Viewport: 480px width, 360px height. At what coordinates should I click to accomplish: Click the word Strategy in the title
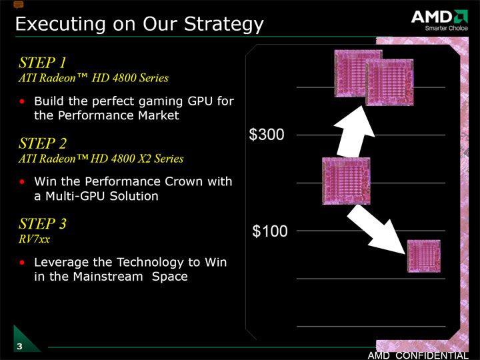pos(224,24)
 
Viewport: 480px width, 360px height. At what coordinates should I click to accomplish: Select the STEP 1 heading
pos(42,63)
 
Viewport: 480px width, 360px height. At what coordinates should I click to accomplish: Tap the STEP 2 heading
pos(42,143)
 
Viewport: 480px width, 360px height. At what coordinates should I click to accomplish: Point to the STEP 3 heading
pos(42,223)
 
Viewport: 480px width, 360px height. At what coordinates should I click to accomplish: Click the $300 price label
pos(267,135)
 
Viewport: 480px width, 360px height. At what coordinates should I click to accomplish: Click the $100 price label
pos(270,231)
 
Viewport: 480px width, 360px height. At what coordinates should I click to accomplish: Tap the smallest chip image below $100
pos(424,256)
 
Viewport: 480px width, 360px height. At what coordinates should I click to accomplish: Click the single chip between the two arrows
pos(346,181)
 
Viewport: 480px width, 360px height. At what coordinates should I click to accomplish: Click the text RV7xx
pos(34,239)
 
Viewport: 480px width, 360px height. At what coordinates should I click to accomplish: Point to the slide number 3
pos(19,346)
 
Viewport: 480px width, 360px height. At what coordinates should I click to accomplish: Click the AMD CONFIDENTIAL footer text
pos(418,355)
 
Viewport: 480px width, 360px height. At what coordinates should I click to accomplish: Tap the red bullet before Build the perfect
pos(22,101)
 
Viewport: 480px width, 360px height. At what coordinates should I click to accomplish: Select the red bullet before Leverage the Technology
pos(22,263)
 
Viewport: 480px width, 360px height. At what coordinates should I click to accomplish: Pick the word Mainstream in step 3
pos(108,277)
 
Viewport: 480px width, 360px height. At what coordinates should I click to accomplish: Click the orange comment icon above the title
pos(19,5)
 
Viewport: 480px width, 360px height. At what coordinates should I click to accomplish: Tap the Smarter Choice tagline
pos(446,28)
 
